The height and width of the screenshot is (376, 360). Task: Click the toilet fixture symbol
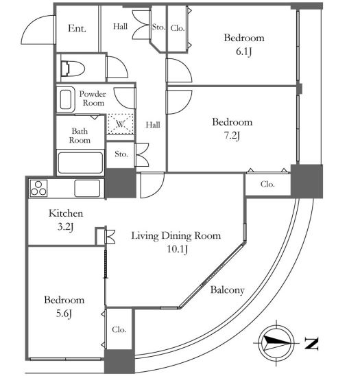[x=73, y=69]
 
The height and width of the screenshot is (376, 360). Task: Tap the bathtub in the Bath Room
[x=80, y=163]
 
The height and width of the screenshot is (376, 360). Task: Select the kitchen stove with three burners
[x=38, y=188]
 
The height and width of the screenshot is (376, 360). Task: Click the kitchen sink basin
[x=87, y=188]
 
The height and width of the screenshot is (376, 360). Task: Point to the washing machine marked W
[x=121, y=124]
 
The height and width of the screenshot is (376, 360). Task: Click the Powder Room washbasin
[x=65, y=99]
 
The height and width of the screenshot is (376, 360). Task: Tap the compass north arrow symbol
[x=276, y=343]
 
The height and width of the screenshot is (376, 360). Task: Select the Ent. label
[x=77, y=28]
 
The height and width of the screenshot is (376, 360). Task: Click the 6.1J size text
[x=243, y=51]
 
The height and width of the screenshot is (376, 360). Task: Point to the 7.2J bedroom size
[x=232, y=136]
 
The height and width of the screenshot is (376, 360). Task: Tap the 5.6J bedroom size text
[x=64, y=314]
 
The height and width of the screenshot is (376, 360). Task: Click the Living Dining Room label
[x=176, y=236]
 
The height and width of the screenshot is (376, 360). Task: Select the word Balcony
[x=227, y=290]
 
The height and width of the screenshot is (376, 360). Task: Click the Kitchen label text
[x=66, y=213]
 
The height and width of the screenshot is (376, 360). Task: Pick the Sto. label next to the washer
[x=121, y=154]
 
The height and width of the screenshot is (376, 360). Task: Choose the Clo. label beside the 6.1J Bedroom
[x=178, y=28]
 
